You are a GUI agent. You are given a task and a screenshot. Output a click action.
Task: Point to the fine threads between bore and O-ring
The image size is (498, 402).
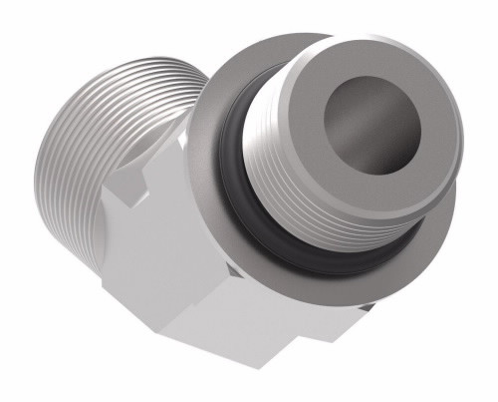pyautogui.click(x=299, y=190)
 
